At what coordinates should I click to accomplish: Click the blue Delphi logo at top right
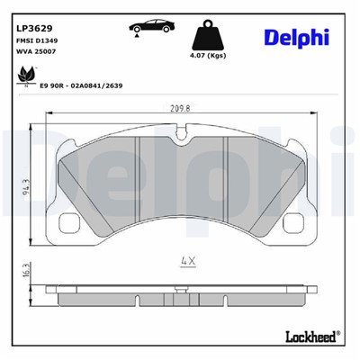pos(296,37)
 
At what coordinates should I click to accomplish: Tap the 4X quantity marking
pos(187,262)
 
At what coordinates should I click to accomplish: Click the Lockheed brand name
pos(309,337)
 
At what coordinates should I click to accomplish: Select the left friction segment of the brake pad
pos(99,189)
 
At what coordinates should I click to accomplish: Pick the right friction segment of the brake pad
pos(261,189)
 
